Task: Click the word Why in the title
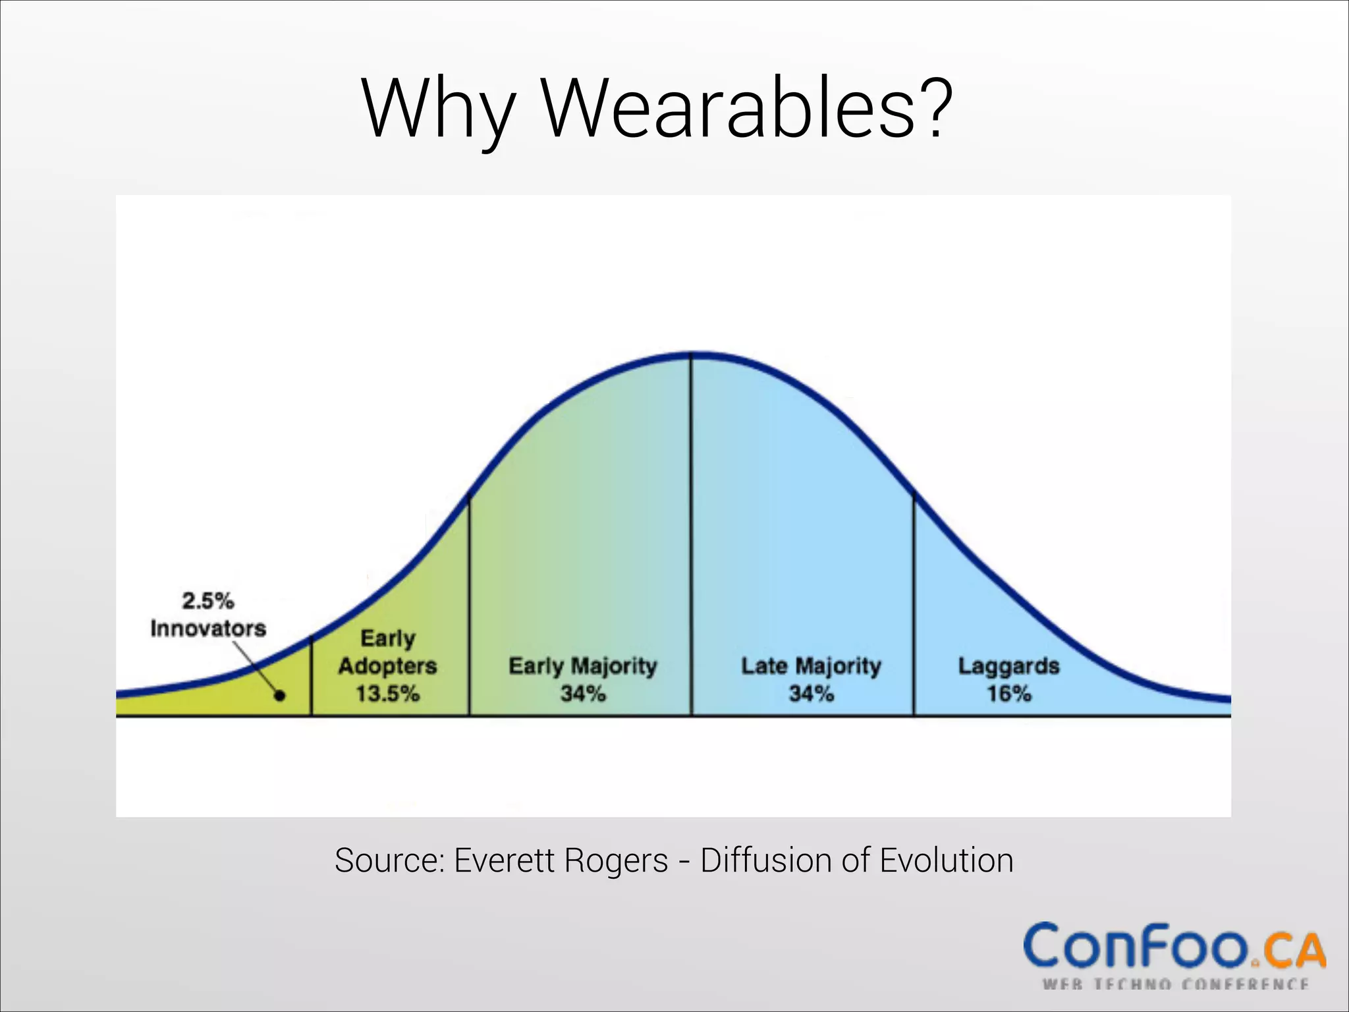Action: click(437, 109)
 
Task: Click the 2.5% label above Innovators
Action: click(208, 601)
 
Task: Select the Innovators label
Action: click(208, 629)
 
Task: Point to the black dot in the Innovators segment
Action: click(280, 695)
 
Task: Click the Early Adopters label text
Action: click(388, 652)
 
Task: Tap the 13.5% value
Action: click(388, 694)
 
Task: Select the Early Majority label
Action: click(583, 666)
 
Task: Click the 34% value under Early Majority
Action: click(583, 694)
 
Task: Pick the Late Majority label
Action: click(812, 666)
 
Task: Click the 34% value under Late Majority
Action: click(812, 694)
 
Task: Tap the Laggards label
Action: click(1008, 666)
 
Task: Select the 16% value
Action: click(1008, 694)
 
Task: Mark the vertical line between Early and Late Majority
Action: click(691, 527)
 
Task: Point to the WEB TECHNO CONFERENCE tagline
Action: click(1175, 985)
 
